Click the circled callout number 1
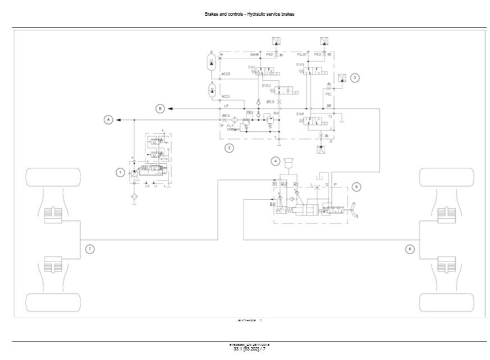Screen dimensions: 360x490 pyautogui.click(x=120, y=172)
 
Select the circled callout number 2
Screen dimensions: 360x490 pyautogui.click(x=228, y=148)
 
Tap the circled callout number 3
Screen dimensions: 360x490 pyautogui.click(x=355, y=79)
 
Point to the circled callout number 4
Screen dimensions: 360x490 pyautogui.click(x=276, y=161)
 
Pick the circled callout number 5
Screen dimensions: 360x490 pyautogui.click(x=357, y=188)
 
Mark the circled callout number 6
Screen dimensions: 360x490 pyautogui.click(x=410, y=248)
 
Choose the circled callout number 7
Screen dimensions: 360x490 pyautogui.click(x=89, y=248)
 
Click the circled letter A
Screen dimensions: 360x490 pyautogui.click(x=108, y=119)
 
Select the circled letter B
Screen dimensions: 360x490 pyautogui.click(x=160, y=108)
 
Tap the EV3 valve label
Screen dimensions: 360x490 pyautogui.click(x=300, y=64)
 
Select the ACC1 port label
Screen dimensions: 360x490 pyautogui.click(x=226, y=96)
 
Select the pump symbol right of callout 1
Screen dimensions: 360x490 pyautogui.click(x=134, y=174)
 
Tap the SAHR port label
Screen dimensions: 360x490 pyautogui.click(x=254, y=55)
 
